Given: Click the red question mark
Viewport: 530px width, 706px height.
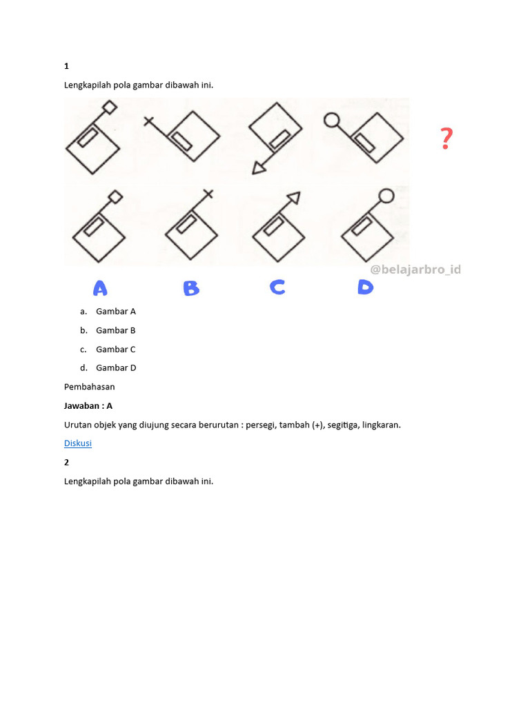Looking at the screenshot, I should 446,139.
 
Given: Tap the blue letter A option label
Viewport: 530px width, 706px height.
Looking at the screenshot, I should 101,288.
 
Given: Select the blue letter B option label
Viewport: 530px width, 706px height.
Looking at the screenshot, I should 191,288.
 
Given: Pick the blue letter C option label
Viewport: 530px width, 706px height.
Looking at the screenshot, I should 277,287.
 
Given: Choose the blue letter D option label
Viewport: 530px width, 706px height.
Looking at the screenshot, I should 365,287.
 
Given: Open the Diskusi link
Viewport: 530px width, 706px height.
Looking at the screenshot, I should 78,443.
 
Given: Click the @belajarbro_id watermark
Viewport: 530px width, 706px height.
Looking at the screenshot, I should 415,270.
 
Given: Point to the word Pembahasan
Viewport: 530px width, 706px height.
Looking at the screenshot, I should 90,387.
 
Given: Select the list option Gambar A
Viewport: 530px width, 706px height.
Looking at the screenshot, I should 116,312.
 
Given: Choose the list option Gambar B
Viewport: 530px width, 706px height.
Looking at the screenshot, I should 116,330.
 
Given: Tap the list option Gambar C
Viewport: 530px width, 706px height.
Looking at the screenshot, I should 116,350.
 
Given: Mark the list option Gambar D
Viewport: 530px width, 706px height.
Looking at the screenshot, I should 116,368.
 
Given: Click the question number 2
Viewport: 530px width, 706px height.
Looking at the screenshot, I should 67,462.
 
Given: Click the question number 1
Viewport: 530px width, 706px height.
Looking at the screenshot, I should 67,66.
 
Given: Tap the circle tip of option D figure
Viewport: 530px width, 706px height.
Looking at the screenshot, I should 386,196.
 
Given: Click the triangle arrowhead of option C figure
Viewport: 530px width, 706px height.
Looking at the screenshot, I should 294,198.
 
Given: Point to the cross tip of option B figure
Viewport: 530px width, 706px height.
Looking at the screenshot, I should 208,194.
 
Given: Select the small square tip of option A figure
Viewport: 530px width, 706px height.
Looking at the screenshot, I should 117,197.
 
